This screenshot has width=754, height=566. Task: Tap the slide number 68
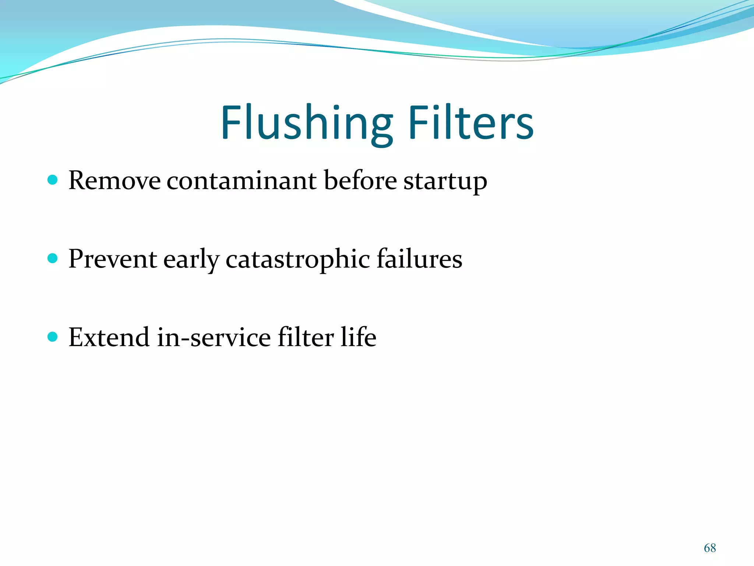pyautogui.click(x=710, y=548)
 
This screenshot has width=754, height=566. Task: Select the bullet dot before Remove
pyautogui.click(x=53, y=180)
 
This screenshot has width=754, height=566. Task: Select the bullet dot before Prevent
pyautogui.click(x=53, y=258)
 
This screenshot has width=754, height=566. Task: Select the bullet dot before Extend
pyautogui.click(x=53, y=336)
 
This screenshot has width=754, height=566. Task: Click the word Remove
pyautogui.click(x=114, y=181)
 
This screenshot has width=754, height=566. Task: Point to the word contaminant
pyautogui.click(x=242, y=181)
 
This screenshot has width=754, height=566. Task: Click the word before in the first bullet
pyautogui.click(x=360, y=181)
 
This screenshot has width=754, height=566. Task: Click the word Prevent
pyautogui.click(x=113, y=259)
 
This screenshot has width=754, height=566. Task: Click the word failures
pyautogui.click(x=419, y=259)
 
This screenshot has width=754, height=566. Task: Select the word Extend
pyautogui.click(x=109, y=338)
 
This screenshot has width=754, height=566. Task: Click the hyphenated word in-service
pyautogui.click(x=214, y=338)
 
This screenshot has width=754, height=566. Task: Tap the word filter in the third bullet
pyautogui.click(x=306, y=338)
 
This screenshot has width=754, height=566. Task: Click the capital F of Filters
pyautogui.click(x=417, y=123)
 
